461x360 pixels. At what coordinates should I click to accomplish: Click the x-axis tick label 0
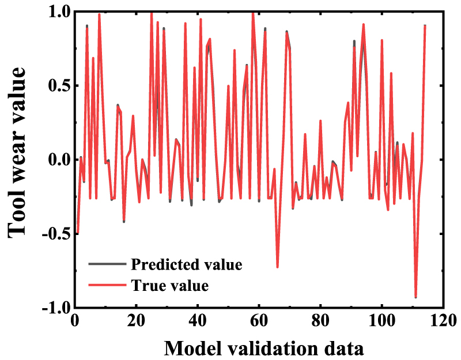coord(74,320)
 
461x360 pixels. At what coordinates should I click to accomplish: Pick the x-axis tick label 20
coord(136,320)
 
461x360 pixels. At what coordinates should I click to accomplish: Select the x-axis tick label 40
coord(198,320)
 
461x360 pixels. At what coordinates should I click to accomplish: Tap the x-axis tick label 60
coord(259,320)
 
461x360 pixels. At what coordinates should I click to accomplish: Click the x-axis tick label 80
coord(320,320)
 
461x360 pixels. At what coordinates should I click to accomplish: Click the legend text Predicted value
coord(187,264)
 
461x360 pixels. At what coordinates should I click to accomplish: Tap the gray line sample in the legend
coord(107,264)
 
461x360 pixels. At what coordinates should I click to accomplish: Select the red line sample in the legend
coord(107,285)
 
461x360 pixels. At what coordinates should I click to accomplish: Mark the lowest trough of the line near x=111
coord(415,297)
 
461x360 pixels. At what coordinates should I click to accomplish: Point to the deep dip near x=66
coord(277,267)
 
